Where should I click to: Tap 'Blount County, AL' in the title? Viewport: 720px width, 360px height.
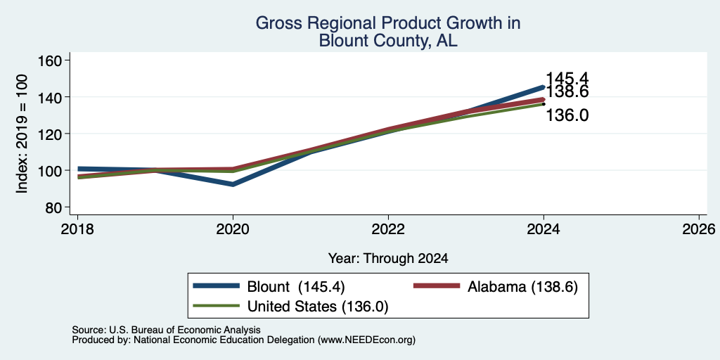[x=388, y=41]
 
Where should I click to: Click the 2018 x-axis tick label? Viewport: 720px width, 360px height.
[x=77, y=229]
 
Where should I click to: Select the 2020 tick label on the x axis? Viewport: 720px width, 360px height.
[x=233, y=229]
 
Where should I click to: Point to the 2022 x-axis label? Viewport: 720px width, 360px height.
[x=388, y=229]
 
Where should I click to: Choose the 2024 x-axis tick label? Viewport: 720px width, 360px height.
[x=544, y=229]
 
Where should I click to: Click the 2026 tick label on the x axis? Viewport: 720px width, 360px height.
[x=699, y=229]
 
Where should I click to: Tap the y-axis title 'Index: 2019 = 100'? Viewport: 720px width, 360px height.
[x=22, y=134]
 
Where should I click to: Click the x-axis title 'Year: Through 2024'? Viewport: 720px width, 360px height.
[x=388, y=259]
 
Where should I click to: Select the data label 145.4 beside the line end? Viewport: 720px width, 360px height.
[x=567, y=79]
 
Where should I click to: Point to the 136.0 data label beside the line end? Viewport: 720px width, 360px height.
[x=567, y=115]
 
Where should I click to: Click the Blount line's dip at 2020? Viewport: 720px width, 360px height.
[x=233, y=184]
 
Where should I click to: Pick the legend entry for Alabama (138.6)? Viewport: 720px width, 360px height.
[x=496, y=287]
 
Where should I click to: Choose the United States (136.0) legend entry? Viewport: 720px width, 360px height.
[x=290, y=307]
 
